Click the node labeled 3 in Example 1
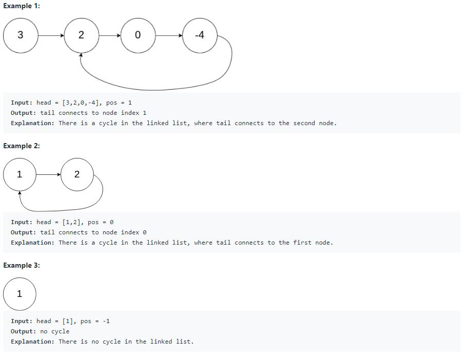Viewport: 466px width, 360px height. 20,35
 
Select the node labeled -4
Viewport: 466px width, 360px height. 200,35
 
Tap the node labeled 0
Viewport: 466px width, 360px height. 138,35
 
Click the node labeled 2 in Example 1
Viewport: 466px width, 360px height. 81,35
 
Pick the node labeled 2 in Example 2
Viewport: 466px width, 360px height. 77,174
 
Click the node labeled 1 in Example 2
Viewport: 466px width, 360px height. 20,174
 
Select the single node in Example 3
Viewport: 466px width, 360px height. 20,294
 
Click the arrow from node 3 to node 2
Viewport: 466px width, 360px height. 51,36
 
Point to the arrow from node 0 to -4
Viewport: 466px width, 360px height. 169,36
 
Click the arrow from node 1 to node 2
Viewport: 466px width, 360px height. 48,174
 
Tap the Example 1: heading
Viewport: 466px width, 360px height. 22,6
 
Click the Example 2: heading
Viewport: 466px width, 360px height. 22,146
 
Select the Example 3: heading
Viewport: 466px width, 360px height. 22,266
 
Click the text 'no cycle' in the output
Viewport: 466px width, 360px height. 54,331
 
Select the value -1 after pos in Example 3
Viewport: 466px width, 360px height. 106,321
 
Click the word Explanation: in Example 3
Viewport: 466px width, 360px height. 32,342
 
